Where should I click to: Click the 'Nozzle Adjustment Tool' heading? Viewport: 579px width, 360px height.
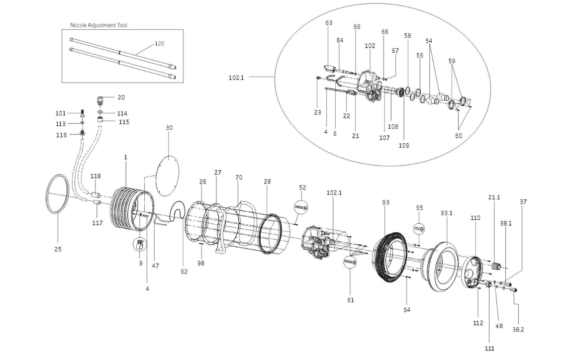(x=98, y=25)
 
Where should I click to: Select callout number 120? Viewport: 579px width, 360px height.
(x=159, y=44)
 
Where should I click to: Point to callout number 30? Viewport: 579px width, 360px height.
(x=169, y=128)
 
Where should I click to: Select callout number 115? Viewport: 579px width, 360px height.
(x=124, y=122)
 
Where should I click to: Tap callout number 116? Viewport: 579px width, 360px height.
(x=62, y=135)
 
